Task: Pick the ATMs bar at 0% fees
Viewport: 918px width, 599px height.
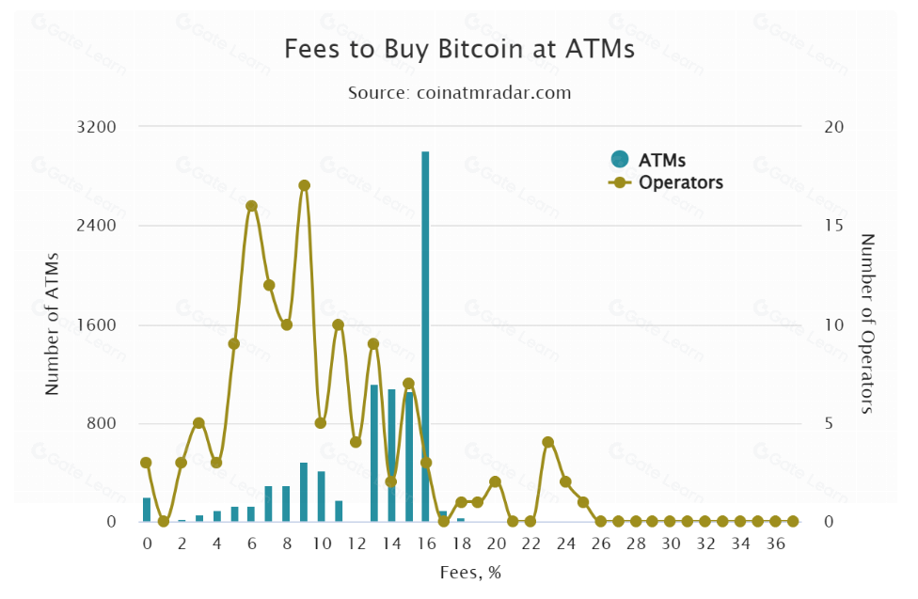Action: coord(147,510)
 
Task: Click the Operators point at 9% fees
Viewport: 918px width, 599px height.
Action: coord(304,185)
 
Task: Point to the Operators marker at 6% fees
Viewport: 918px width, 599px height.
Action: coord(251,206)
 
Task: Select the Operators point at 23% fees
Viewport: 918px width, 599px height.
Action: coord(547,442)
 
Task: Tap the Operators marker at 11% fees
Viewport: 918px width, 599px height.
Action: coord(339,325)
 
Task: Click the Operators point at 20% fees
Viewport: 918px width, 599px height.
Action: coord(495,481)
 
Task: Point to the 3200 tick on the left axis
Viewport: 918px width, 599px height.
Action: coord(98,127)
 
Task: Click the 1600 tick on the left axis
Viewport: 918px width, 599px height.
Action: coord(98,325)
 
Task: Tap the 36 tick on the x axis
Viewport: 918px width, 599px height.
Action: coord(775,544)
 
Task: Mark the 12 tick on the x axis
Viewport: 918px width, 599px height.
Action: coord(356,544)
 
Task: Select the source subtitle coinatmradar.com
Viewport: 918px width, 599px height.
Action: coord(459,93)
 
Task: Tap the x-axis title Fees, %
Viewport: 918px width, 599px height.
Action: coord(469,573)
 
